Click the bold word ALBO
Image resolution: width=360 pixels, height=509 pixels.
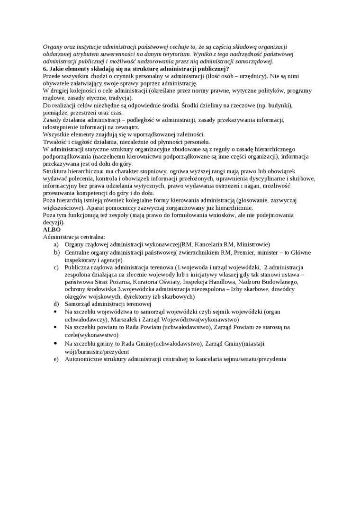click(x=52, y=229)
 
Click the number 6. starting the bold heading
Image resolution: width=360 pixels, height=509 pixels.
click(x=45, y=69)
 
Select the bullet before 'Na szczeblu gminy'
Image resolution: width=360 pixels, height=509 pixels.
click(x=56, y=344)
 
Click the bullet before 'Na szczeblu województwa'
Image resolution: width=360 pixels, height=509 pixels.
click(x=56, y=312)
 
